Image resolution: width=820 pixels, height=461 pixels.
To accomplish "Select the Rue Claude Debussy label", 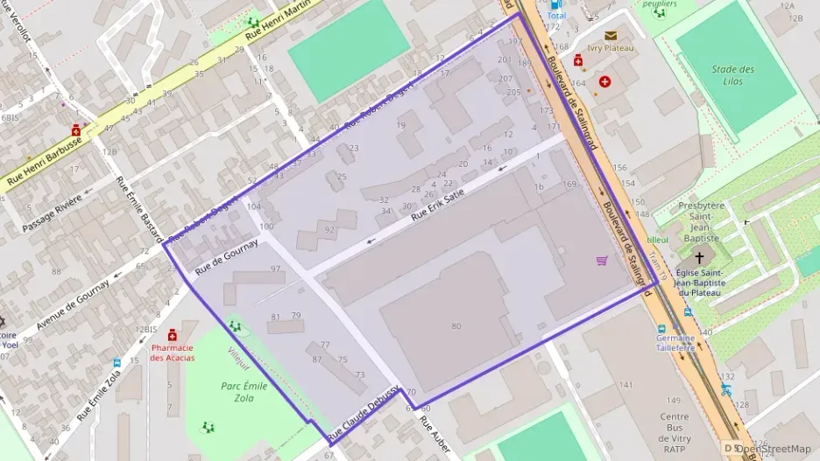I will [x=364, y=413].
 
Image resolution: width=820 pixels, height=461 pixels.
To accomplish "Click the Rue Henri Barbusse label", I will [x=44, y=159].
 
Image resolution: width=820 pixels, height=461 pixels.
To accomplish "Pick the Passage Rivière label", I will [x=53, y=208].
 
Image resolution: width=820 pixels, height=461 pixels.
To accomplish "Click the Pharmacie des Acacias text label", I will [x=172, y=352].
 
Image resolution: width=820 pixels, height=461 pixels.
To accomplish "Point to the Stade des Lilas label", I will [x=732, y=75].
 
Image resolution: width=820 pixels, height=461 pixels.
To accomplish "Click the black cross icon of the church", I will [x=698, y=258].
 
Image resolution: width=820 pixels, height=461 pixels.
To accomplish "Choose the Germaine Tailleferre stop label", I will [x=675, y=342].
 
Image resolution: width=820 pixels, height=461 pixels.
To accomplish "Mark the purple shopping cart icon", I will [x=601, y=260].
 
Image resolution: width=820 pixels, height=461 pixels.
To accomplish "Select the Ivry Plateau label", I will [x=610, y=48].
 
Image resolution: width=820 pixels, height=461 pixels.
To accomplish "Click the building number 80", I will [x=456, y=326].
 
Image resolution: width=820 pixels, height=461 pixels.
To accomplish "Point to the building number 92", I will [x=329, y=230].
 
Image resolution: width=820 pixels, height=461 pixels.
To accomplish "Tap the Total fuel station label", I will [x=555, y=16].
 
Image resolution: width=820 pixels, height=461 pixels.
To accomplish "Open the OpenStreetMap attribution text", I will [x=772, y=449].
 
